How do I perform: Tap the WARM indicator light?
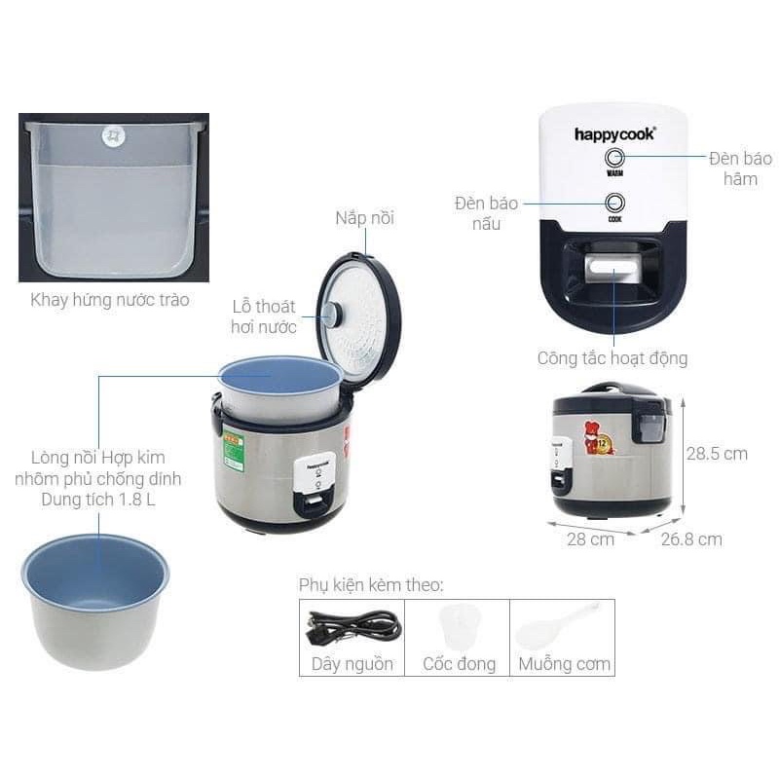(x=614, y=158)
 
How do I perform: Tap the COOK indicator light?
(x=614, y=203)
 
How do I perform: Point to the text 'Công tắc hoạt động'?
(x=612, y=358)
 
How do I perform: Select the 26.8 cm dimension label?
(x=690, y=538)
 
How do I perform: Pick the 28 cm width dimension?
(x=590, y=538)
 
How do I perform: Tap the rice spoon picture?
(x=556, y=627)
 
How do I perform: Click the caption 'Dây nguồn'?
(x=352, y=664)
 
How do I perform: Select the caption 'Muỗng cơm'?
(x=564, y=664)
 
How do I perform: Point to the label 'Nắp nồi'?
(x=365, y=217)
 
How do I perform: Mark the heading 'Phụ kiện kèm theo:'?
(x=371, y=585)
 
